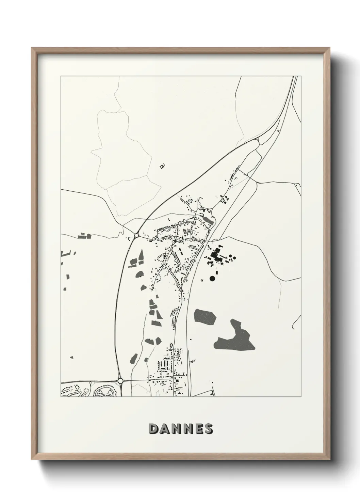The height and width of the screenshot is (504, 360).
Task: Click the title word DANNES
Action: click(181, 429)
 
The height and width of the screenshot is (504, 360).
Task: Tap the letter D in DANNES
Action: click(153, 429)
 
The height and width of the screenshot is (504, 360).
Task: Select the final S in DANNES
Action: click(208, 429)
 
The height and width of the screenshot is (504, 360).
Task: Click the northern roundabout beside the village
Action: click(136, 235)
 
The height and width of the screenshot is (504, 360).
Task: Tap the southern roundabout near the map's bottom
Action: click(120, 381)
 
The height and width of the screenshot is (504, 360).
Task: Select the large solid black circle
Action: click(212, 279)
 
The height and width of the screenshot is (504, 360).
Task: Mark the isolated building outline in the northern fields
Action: click(162, 166)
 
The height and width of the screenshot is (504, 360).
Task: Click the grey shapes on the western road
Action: click(84, 236)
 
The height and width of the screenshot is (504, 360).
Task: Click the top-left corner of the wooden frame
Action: click(32, 48)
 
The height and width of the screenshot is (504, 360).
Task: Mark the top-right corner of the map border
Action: click(301, 76)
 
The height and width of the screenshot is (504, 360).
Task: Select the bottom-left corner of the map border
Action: click(61, 397)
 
